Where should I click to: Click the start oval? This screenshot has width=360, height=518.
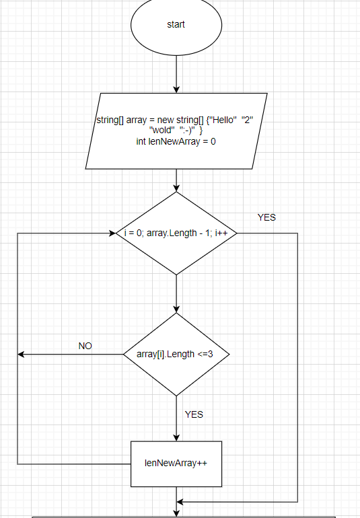pos(176,25)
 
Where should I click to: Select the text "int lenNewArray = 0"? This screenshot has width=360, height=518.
pos(176,142)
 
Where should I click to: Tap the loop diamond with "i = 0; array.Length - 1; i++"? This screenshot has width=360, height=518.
pos(176,233)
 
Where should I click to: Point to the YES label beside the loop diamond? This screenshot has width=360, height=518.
pos(266,217)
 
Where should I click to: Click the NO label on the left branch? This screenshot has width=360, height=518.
pos(85,346)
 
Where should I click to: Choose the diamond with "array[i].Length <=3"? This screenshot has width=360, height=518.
pos(176,354)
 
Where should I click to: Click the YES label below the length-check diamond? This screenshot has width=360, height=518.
pos(194,414)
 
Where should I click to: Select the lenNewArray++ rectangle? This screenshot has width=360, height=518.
pos(176,464)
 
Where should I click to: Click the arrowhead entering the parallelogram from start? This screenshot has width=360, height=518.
pos(176,89)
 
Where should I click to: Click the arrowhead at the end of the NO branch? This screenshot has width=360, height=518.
pos(22,354)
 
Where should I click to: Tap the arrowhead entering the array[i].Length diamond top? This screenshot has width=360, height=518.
pos(176,309)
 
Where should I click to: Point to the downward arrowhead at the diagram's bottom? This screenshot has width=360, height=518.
pos(176,513)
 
